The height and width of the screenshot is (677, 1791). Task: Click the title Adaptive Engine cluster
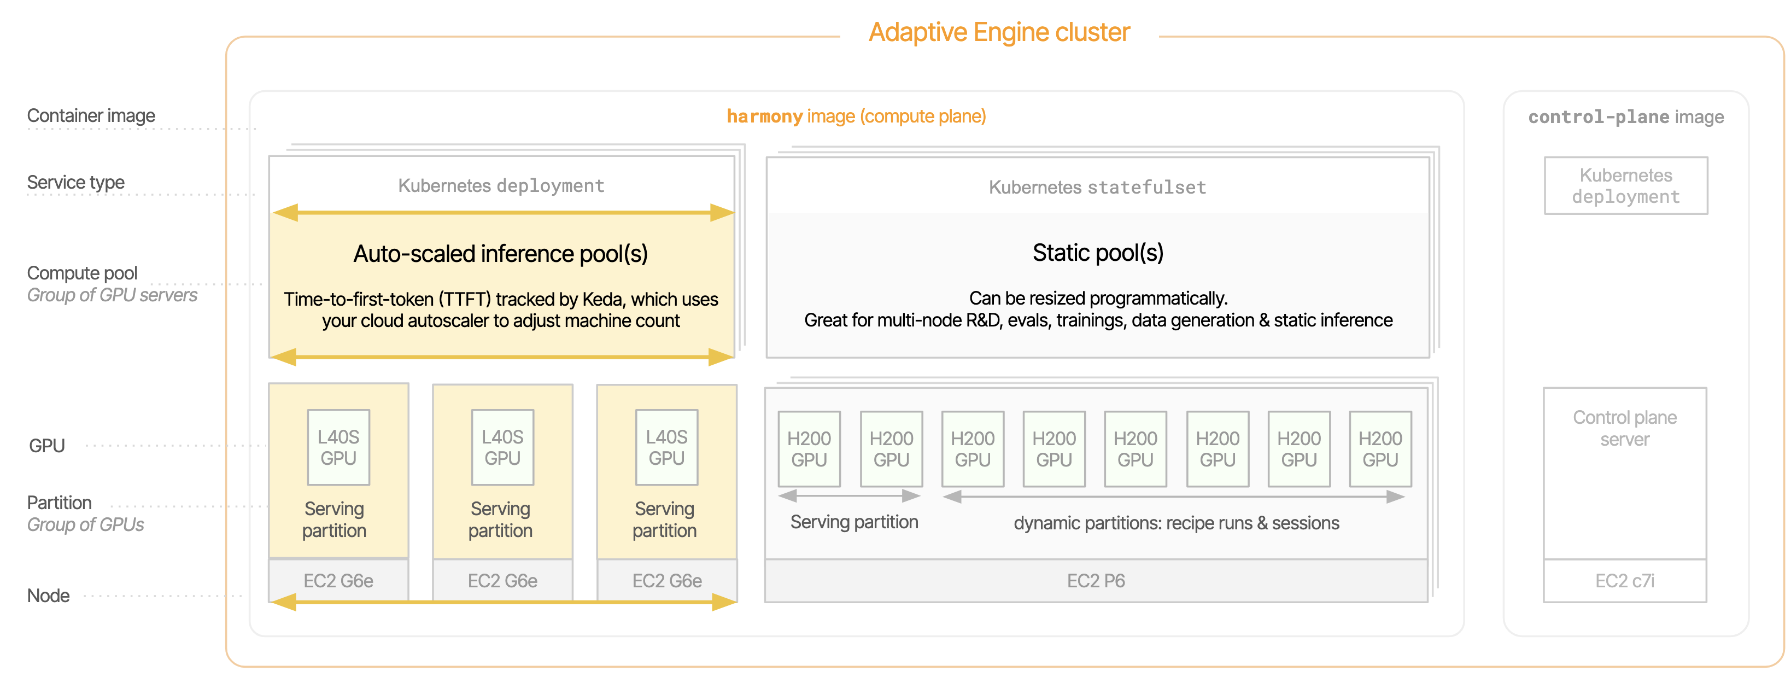(x=999, y=33)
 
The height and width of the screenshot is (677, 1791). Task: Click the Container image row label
(x=91, y=115)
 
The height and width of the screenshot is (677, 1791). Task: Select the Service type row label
(x=76, y=182)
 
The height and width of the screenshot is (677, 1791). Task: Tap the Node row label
(x=49, y=596)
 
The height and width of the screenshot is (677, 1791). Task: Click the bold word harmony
(x=765, y=116)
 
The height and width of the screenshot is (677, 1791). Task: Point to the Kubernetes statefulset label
(x=1097, y=187)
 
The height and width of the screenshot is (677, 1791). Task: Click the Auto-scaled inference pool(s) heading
(x=501, y=254)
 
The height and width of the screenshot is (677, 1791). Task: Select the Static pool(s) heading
(x=1098, y=253)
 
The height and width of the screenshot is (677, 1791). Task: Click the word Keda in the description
(x=604, y=299)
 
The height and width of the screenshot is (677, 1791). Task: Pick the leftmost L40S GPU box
(x=338, y=447)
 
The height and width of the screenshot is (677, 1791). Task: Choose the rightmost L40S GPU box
(x=667, y=447)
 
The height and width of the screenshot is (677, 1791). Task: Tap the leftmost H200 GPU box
(x=809, y=449)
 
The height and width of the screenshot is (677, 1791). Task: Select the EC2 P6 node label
(x=1096, y=581)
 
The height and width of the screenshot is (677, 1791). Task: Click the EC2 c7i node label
(x=1625, y=581)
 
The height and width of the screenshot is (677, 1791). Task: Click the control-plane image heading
(x=1625, y=117)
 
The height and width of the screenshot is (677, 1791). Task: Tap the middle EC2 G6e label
(x=502, y=581)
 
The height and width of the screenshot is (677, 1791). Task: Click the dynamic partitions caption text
(x=1177, y=523)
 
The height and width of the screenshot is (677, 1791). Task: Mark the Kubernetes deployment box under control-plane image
(x=1625, y=186)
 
